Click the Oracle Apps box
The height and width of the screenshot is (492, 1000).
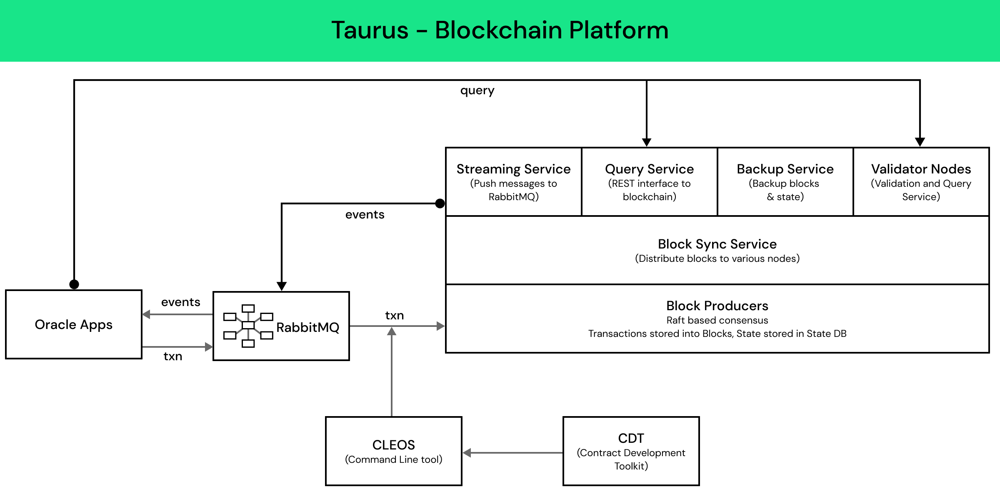(74, 324)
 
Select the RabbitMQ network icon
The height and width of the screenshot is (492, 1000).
(248, 326)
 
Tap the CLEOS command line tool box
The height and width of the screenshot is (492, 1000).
(393, 451)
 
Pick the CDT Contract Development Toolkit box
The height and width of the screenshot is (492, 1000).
(631, 451)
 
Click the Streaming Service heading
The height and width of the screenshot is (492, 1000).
(513, 169)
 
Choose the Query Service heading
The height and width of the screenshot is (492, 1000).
(649, 169)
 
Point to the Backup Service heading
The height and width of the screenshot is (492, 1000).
(785, 169)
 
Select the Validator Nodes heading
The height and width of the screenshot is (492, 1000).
(921, 169)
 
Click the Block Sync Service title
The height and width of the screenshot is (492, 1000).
(717, 244)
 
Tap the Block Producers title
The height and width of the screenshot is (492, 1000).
(717, 306)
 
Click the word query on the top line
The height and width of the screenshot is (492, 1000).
(477, 90)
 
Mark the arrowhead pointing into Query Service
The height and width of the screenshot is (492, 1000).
(647, 143)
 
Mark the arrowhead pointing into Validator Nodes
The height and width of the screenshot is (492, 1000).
(920, 143)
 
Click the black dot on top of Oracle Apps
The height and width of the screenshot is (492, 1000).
(74, 284)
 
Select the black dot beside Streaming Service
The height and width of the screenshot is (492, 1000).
(440, 203)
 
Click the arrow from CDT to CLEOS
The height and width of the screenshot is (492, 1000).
(512, 453)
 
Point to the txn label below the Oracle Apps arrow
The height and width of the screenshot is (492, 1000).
(172, 356)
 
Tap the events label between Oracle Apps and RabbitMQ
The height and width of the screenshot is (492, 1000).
(180, 302)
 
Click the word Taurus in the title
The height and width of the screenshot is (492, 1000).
(370, 30)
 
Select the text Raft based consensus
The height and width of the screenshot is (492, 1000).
(717, 320)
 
